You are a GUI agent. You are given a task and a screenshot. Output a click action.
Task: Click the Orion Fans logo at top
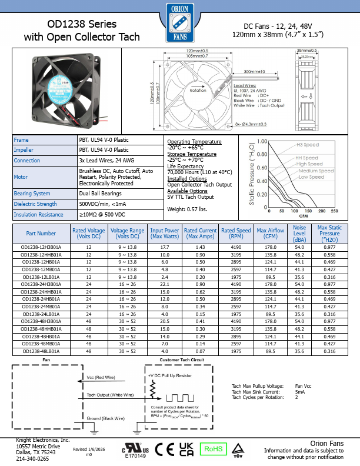point(180,23)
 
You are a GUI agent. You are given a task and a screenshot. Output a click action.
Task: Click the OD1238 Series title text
point(82,25)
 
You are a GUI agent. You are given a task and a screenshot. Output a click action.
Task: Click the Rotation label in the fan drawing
point(198,90)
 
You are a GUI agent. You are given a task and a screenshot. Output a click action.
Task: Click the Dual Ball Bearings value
point(101,193)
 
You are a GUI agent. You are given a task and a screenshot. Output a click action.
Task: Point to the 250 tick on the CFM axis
point(334,211)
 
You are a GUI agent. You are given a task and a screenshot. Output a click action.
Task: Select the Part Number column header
point(41,234)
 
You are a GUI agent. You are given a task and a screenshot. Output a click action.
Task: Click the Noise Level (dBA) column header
point(299,234)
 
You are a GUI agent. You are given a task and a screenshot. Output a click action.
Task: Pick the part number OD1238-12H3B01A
point(41,247)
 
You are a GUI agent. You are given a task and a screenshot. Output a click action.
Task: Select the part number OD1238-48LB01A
point(41,351)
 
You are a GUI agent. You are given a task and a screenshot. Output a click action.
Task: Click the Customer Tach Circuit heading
point(182,359)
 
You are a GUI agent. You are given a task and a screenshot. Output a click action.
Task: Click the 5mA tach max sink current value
point(300,391)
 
